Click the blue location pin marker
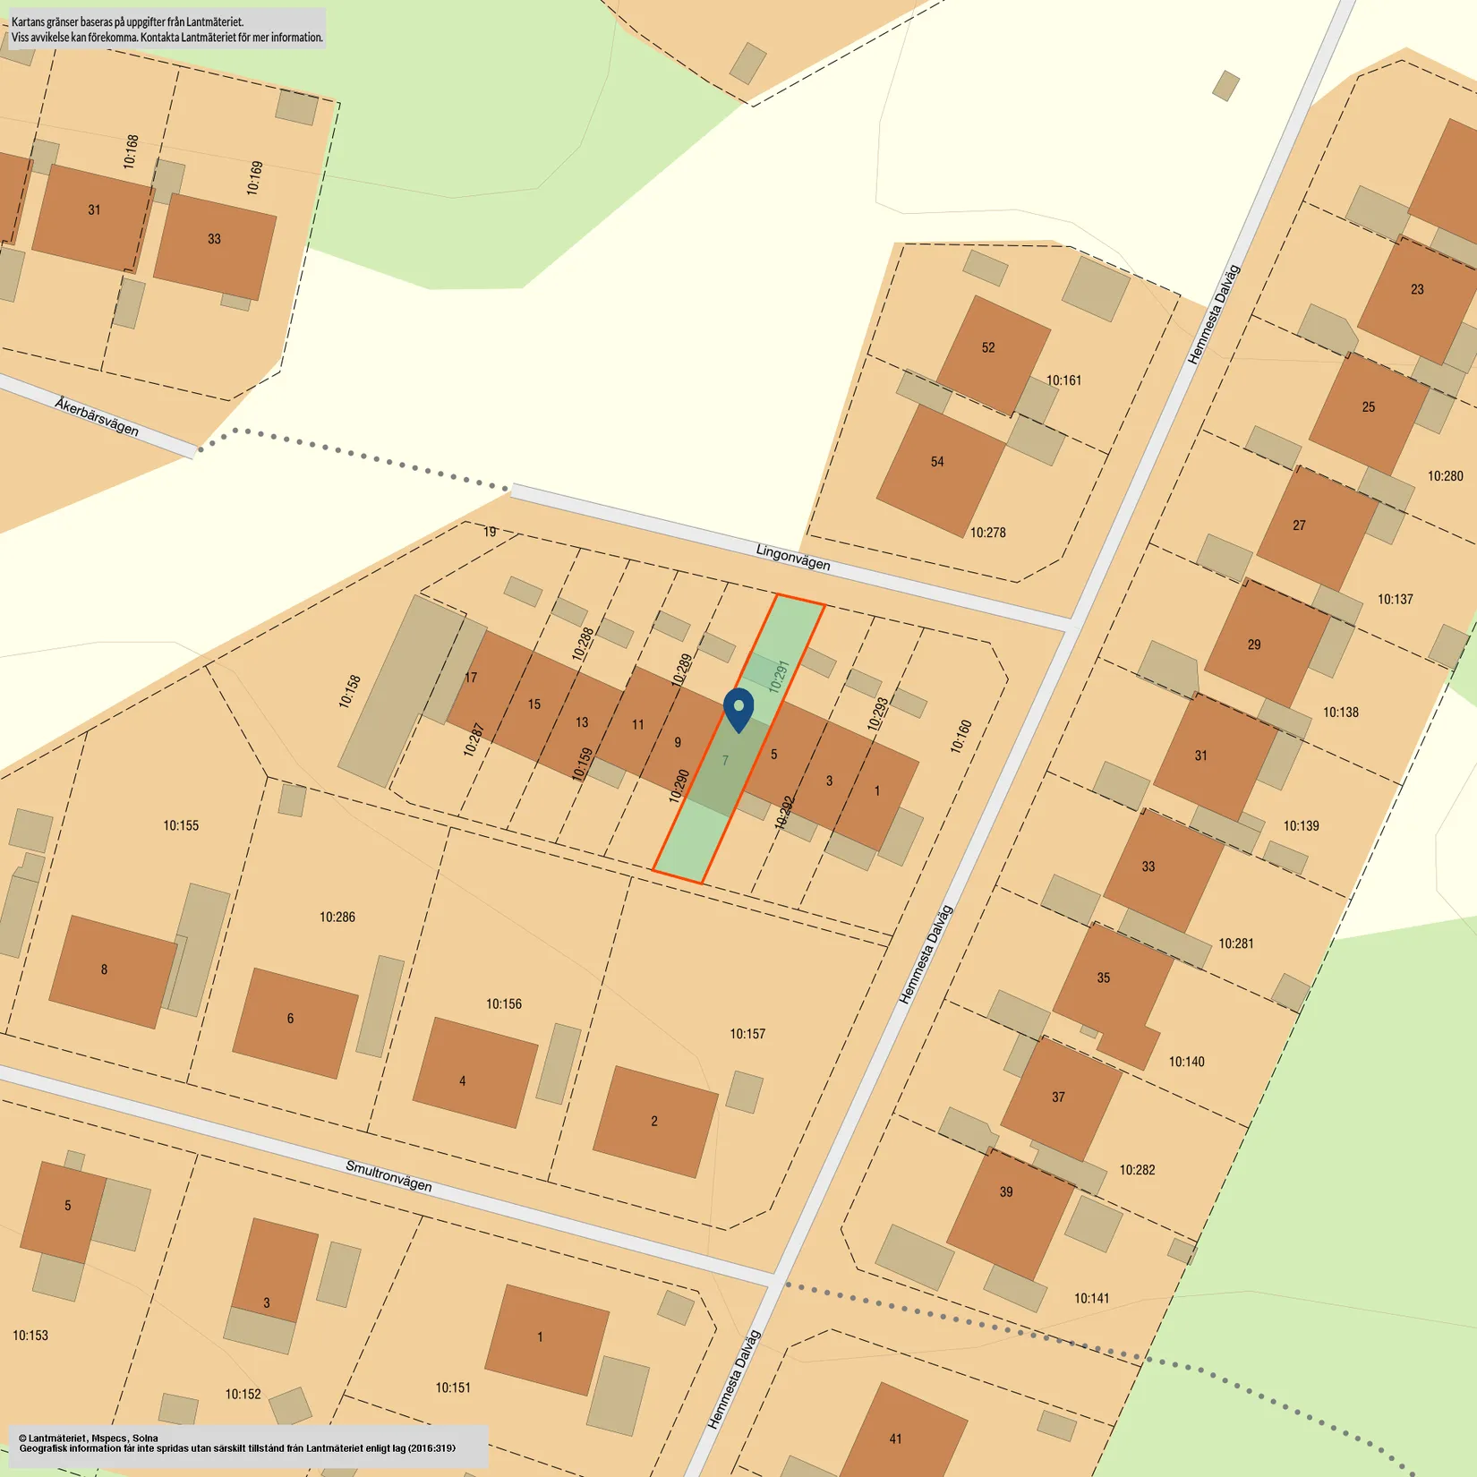738,709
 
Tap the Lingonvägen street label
792,558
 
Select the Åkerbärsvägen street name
97,417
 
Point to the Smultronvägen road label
388,1175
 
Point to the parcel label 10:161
1063,380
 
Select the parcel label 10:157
747,1034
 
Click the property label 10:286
337,917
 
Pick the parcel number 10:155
181,825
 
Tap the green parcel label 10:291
779,677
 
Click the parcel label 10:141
1091,1298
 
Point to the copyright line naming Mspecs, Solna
89,1438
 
